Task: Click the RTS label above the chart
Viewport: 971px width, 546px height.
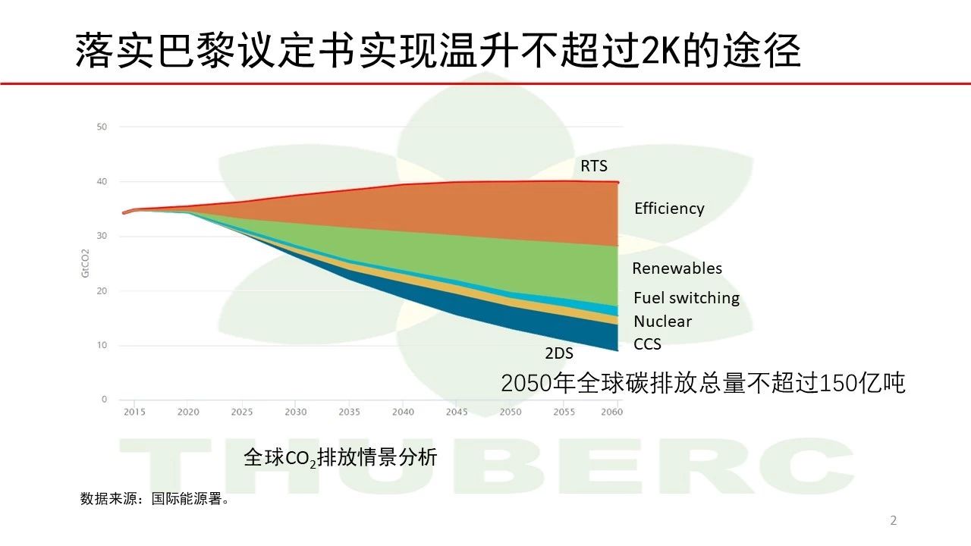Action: coord(594,166)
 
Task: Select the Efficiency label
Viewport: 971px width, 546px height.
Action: coord(669,209)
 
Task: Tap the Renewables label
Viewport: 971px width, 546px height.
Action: coord(677,268)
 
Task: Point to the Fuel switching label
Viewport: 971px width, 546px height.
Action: coord(687,298)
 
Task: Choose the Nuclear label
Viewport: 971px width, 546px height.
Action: coord(663,322)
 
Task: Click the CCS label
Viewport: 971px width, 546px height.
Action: coord(647,344)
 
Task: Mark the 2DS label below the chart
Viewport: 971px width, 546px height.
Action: coord(559,353)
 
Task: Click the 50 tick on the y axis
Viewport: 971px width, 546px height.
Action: coord(102,127)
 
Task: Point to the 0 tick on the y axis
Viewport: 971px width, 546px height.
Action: coord(104,399)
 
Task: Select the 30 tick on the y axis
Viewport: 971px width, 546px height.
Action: coord(102,236)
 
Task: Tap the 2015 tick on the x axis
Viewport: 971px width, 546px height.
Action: coord(134,412)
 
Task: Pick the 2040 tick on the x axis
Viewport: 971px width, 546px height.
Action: coord(403,412)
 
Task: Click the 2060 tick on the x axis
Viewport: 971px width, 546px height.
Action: coord(611,412)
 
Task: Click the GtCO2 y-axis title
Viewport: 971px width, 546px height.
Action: coord(85,263)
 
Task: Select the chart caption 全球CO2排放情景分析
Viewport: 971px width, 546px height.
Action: coord(341,457)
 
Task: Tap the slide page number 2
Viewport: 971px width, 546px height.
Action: coord(894,520)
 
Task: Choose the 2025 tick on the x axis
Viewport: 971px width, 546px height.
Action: coord(242,412)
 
